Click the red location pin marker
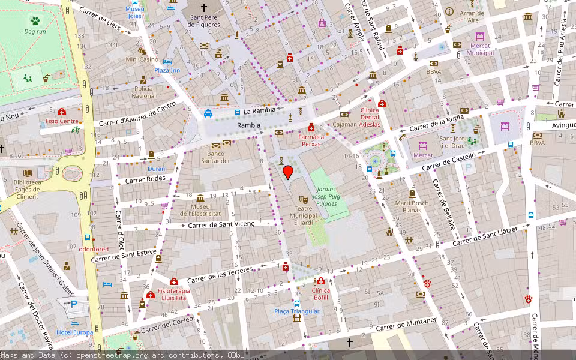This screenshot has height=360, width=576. pos(288,173)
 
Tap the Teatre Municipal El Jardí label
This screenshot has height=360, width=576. pos(304,215)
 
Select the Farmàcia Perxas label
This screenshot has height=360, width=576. pos(311,140)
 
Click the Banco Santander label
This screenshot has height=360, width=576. pos(215,157)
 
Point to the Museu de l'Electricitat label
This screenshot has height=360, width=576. pos(200,209)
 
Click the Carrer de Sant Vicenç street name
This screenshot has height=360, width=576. pos(221,224)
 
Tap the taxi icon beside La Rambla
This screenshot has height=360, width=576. pos(208,113)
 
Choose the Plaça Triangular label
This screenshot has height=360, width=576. pos(297,311)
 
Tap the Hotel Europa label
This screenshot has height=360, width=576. pos(75,332)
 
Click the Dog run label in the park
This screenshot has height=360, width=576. pos(35,31)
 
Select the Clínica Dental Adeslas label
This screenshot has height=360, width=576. pos(371,117)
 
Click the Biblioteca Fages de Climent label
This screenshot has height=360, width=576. pos(27,189)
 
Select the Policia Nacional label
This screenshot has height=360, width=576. pos(143,92)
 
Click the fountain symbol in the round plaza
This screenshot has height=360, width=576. pos(376,160)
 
